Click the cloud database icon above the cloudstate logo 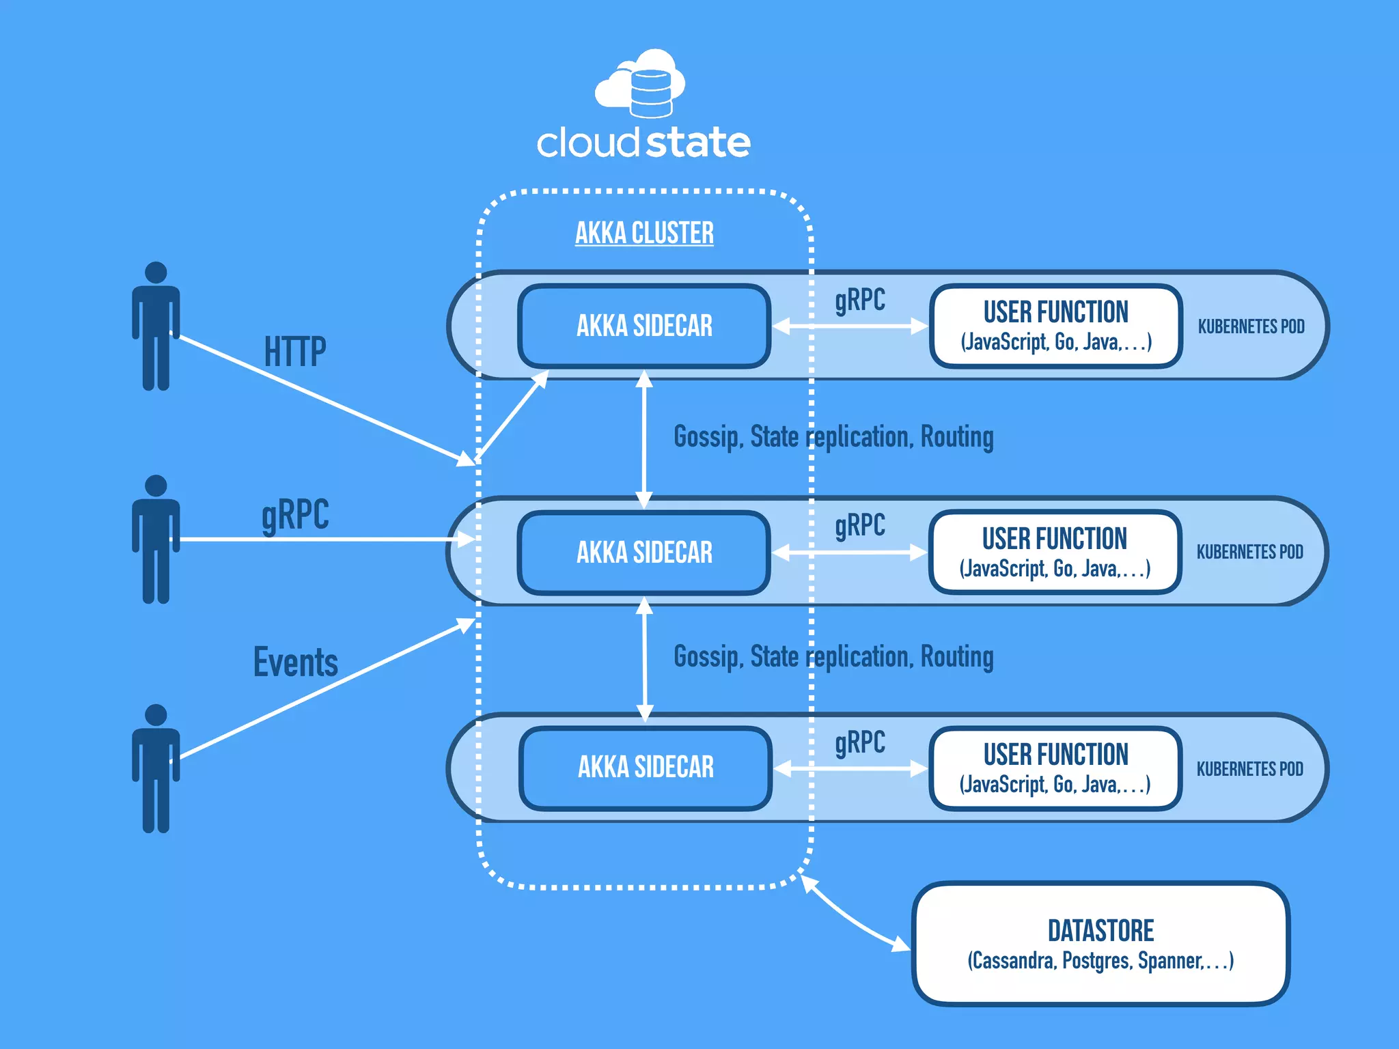[x=641, y=83]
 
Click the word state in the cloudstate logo [x=697, y=143]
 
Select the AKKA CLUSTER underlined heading [x=644, y=233]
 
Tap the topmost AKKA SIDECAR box [x=644, y=326]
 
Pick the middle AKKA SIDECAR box [x=644, y=552]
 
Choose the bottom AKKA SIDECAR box [x=646, y=767]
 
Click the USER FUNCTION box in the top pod [x=1055, y=326]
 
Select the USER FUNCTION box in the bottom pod [x=1055, y=768]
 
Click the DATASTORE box [x=1100, y=944]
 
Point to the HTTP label [x=295, y=352]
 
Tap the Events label [x=295, y=662]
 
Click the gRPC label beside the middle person [x=295, y=514]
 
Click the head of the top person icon [x=156, y=272]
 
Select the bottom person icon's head [x=156, y=714]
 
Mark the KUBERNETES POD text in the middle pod [x=1249, y=552]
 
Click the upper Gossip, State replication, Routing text [x=833, y=437]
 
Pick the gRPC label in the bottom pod [x=859, y=742]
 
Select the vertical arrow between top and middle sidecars [x=644, y=439]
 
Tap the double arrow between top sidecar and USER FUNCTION [x=850, y=326]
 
